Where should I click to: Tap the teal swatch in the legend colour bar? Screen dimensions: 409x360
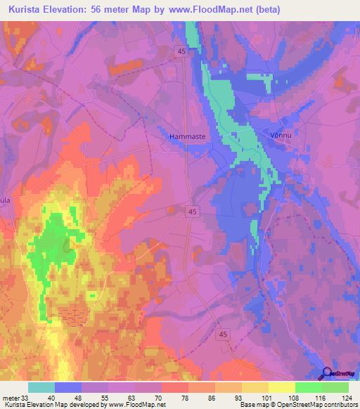(41, 387)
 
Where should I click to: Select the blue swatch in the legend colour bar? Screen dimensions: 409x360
(68, 387)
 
